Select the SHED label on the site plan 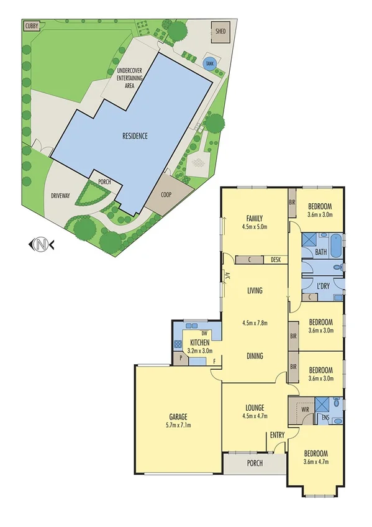pos(220,30)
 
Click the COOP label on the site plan pos(166,193)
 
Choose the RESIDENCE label pos(135,135)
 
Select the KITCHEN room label pos(200,343)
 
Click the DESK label pos(276,260)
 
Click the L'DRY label pos(322,286)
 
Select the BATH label pos(320,252)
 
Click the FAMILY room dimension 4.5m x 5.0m pos(253,227)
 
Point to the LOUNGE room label pos(253,409)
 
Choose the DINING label pos(253,356)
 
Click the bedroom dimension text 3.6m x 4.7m pos(320,462)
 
